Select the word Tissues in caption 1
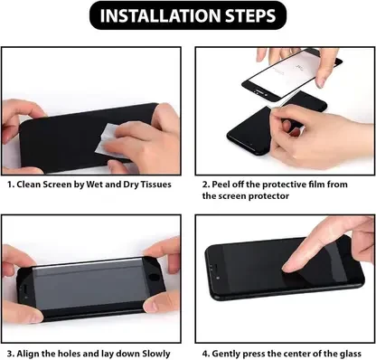[x=156, y=185]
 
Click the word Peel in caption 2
[x=221, y=185]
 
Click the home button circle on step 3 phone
[x=155, y=277]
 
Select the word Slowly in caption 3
[x=156, y=354]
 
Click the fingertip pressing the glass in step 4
[x=287, y=267]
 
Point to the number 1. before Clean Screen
[x=11, y=185]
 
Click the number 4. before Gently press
[x=206, y=354]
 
